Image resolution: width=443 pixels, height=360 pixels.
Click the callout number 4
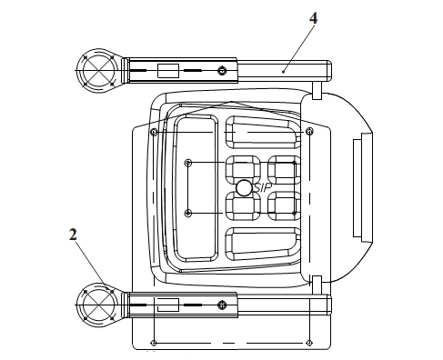(x=313, y=18)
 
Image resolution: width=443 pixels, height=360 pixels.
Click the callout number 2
(x=73, y=235)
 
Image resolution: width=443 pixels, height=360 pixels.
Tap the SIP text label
(x=263, y=188)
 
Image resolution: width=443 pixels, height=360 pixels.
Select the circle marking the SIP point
(x=244, y=188)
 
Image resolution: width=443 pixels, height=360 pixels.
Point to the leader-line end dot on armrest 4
(x=283, y=72)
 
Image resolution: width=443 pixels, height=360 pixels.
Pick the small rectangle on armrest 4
(x=168, y=71)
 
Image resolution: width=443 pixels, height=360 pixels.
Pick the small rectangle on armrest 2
(x=168, y=305)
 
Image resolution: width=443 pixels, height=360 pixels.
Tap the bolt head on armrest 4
(x=222, y=71)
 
